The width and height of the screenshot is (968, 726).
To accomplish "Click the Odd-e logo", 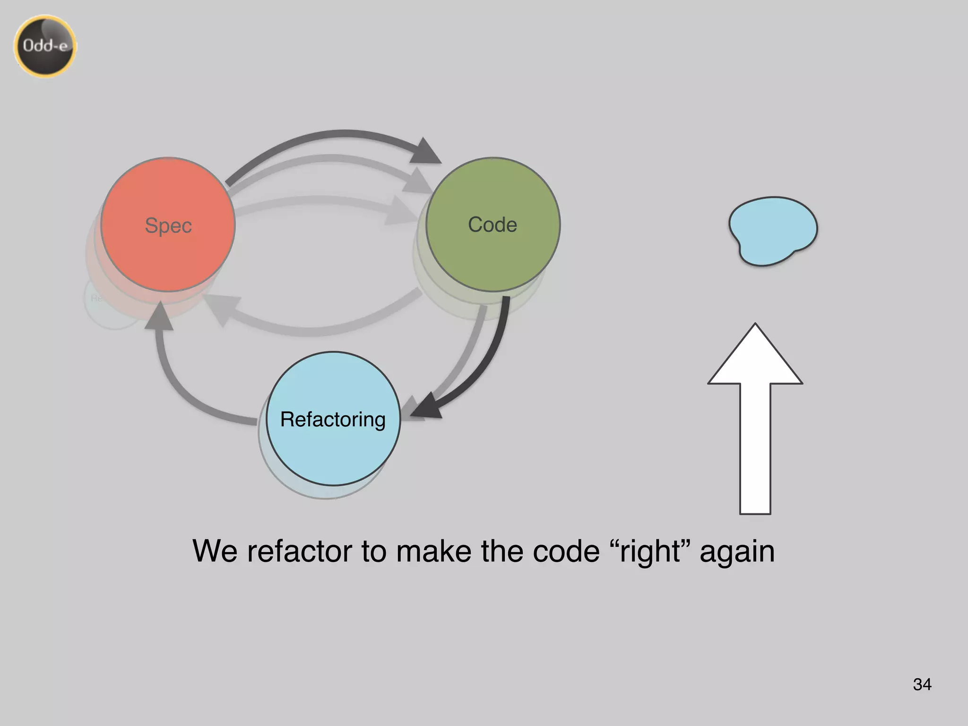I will pos(45,46).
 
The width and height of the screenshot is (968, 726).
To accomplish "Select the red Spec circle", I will pos(168,255).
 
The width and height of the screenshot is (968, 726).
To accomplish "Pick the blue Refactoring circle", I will pos(333,454).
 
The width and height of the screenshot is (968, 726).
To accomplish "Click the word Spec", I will pos(168,225).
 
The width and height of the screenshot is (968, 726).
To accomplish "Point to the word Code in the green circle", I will pos(493,225).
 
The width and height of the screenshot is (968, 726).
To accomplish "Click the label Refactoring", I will pos(333,419).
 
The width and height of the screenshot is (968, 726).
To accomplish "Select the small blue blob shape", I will pos(773,231).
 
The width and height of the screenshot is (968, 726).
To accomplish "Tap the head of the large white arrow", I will pos(755,359).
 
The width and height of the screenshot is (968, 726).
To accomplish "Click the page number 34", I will pos(922,684).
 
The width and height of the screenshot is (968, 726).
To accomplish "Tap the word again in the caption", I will pos(737,552).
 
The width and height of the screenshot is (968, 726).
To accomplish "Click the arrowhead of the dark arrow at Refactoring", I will pos(428,406).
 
